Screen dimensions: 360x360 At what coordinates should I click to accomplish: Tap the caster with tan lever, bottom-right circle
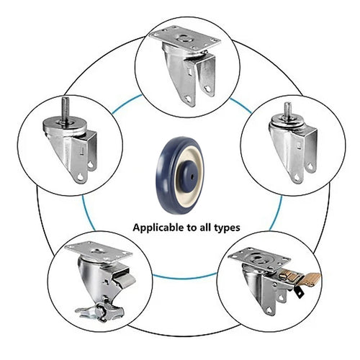(x=270, y=284)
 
